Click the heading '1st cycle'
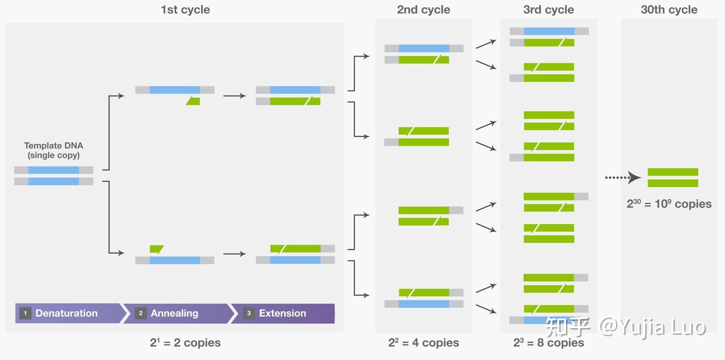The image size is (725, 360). [x=186, y=10]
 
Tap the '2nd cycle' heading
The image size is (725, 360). [x=423, y=10]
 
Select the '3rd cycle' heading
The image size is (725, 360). [x=549, y=10]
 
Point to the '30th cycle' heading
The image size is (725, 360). [x=669, y=10]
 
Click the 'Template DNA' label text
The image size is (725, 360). [x=54, y=145]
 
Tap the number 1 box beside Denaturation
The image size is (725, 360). [x=25, y=313]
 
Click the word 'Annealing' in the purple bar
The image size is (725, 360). [x=174, y=313]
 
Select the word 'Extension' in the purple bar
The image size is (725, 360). [x=283, y=313]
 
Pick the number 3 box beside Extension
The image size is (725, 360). [x=248, y=313]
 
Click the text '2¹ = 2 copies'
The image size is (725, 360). [x=185, y=343]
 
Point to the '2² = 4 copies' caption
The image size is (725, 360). [x=423, y=343]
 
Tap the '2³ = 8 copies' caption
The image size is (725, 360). [x=549, y=343]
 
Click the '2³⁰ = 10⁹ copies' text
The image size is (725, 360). [x=669, y=204]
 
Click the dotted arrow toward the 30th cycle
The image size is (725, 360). [x=623, y=177]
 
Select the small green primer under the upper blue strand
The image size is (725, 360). [x=193, y=101]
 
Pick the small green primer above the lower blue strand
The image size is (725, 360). [x=157, y=249]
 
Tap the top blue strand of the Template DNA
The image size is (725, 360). [x=54, y=170]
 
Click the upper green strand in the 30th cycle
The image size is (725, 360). [x=673, y=172]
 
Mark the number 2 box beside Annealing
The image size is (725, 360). [x=141, y=313]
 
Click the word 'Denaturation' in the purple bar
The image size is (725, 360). [x=66, y=313]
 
